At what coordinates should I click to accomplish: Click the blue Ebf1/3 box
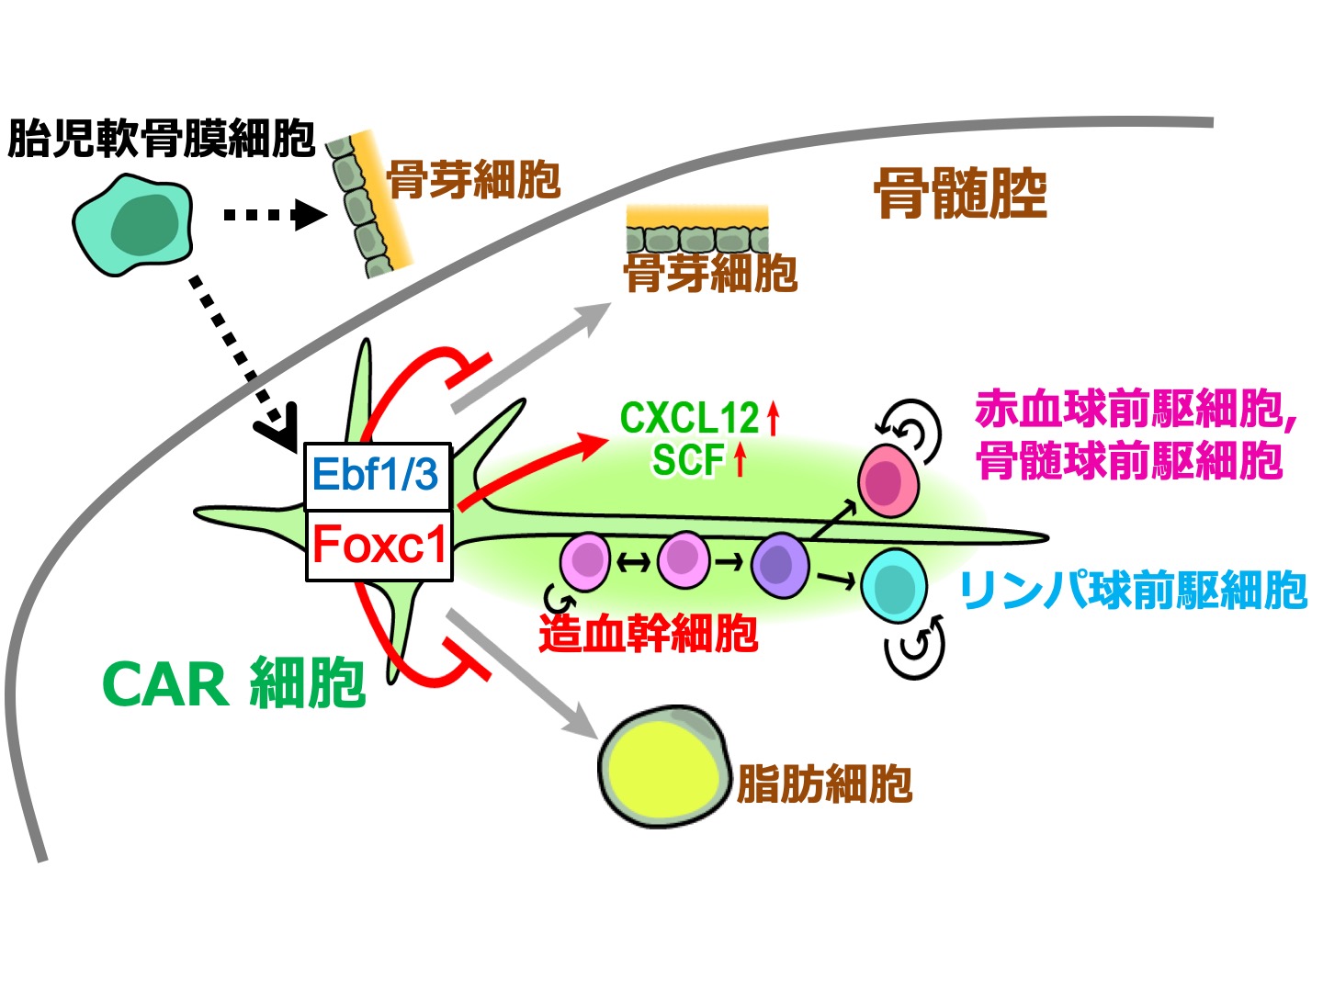tap(377, 475)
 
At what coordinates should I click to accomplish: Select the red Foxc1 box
tap(379, 545)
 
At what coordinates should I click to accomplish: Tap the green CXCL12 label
tap(689, 419)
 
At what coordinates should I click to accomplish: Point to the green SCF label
tap(689, 459)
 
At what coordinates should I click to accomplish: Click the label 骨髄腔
tap(960, 193)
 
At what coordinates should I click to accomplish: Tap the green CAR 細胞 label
tap(234, 684)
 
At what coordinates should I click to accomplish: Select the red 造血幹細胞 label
tap(649, 634)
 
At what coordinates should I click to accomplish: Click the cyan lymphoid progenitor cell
tap(894, 585)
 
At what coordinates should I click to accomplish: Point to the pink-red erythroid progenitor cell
tap(888, 480)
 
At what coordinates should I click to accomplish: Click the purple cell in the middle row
tap(780, 565)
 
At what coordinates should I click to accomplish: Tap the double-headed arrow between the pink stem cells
tap(634, 562)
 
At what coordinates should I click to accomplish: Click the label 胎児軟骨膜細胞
tap(161, 140)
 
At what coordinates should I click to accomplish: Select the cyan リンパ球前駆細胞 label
tap(1133, 591)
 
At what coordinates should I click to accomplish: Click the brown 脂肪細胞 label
tap(824, 783)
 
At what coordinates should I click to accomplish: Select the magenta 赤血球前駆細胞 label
tap(1135, 411)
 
